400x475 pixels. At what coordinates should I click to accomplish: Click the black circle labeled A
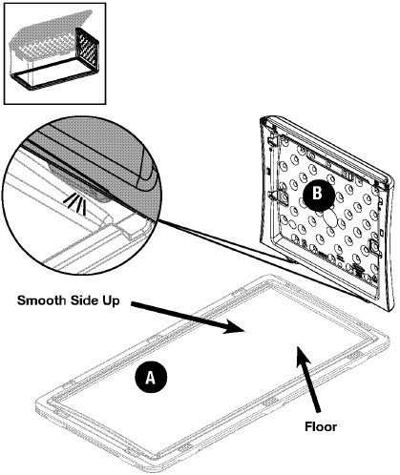tap(151, 378)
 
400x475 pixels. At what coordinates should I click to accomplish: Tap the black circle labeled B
tap(318, 194)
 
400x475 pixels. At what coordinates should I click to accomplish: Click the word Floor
tap(321, 426)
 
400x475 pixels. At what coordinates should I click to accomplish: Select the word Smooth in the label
tap(38, 300)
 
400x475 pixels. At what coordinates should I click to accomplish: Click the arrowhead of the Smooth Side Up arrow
tap(233, 328)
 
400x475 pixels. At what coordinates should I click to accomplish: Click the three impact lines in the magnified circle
tap(75, 203)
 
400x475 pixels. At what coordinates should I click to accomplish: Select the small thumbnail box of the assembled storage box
tap(54, 53)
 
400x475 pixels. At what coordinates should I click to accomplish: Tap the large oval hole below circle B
tap(329, 218)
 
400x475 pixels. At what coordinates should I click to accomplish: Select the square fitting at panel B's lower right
tap(373, 247)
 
